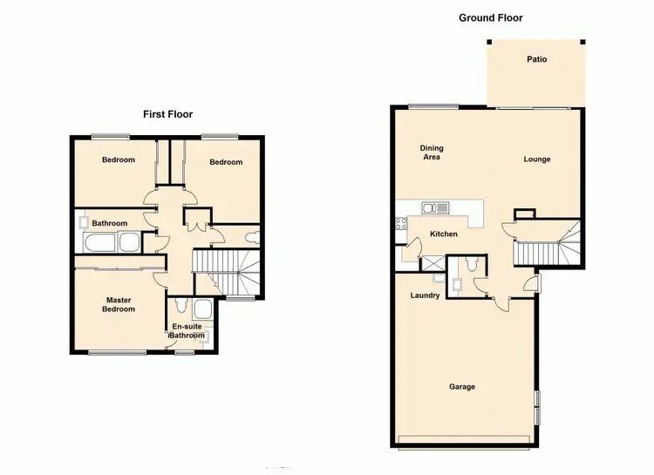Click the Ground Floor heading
(x=490, y=17)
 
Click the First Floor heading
(x=167, y=114)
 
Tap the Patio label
(x=536, y=60)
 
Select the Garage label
(x=462, y=386)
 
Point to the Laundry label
(x=425, y=295)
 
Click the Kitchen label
(x=444, y=234)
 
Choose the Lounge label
(x=537, y=159)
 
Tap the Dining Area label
(x=431, y=153)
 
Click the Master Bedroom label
(x=119, y=304)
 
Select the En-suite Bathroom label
(x=186, y=331)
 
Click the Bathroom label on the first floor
(x=110, y=223)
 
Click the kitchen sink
(x=434, y=207)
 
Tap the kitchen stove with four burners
(x=402, y=223)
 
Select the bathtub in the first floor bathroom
(x=113, y=242)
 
